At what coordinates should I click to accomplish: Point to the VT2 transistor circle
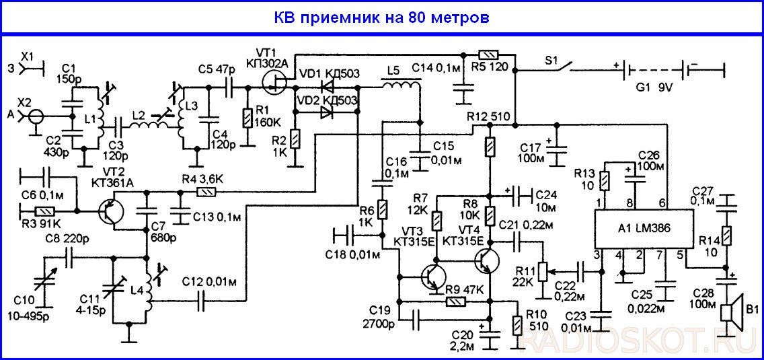click(x=112, y=211)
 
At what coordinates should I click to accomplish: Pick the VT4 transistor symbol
click(x=487, y=261)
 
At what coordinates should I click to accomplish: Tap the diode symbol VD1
click(x=328, y=87)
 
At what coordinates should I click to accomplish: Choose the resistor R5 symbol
click(x=488, y=54)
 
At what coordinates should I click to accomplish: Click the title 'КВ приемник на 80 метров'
click(x=381, y=18)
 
